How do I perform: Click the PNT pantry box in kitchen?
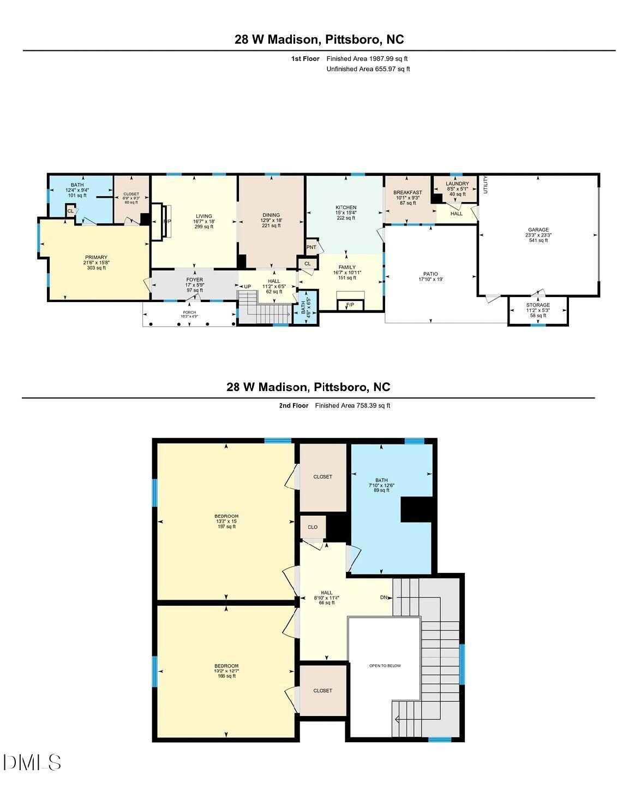click(x=312, y=247)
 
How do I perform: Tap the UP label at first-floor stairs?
click(x=247, y=287)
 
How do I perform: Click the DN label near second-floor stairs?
click(x=384, y=598)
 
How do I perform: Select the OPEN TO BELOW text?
click(x=385, y=665)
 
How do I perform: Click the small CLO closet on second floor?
click(x=313, y=527)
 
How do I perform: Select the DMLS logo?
click(x=32, y=762)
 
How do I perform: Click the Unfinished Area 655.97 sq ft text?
click(x=368, y=69)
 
